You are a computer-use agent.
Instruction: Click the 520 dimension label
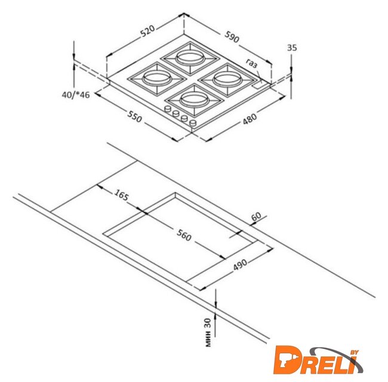tap(147, 31)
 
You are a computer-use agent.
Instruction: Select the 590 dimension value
tap(232, 37)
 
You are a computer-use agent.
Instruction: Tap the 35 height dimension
tap(292, 48)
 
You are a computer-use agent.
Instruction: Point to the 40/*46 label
tap(75, 95)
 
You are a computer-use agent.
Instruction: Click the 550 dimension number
tap(135, 116)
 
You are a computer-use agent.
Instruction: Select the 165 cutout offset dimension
tap(121, 195)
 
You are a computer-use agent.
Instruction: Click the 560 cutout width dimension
tap(184, 235)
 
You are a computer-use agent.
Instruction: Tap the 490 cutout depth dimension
tap(240, 265)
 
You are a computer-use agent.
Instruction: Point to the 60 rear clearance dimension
tap(256, 216)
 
